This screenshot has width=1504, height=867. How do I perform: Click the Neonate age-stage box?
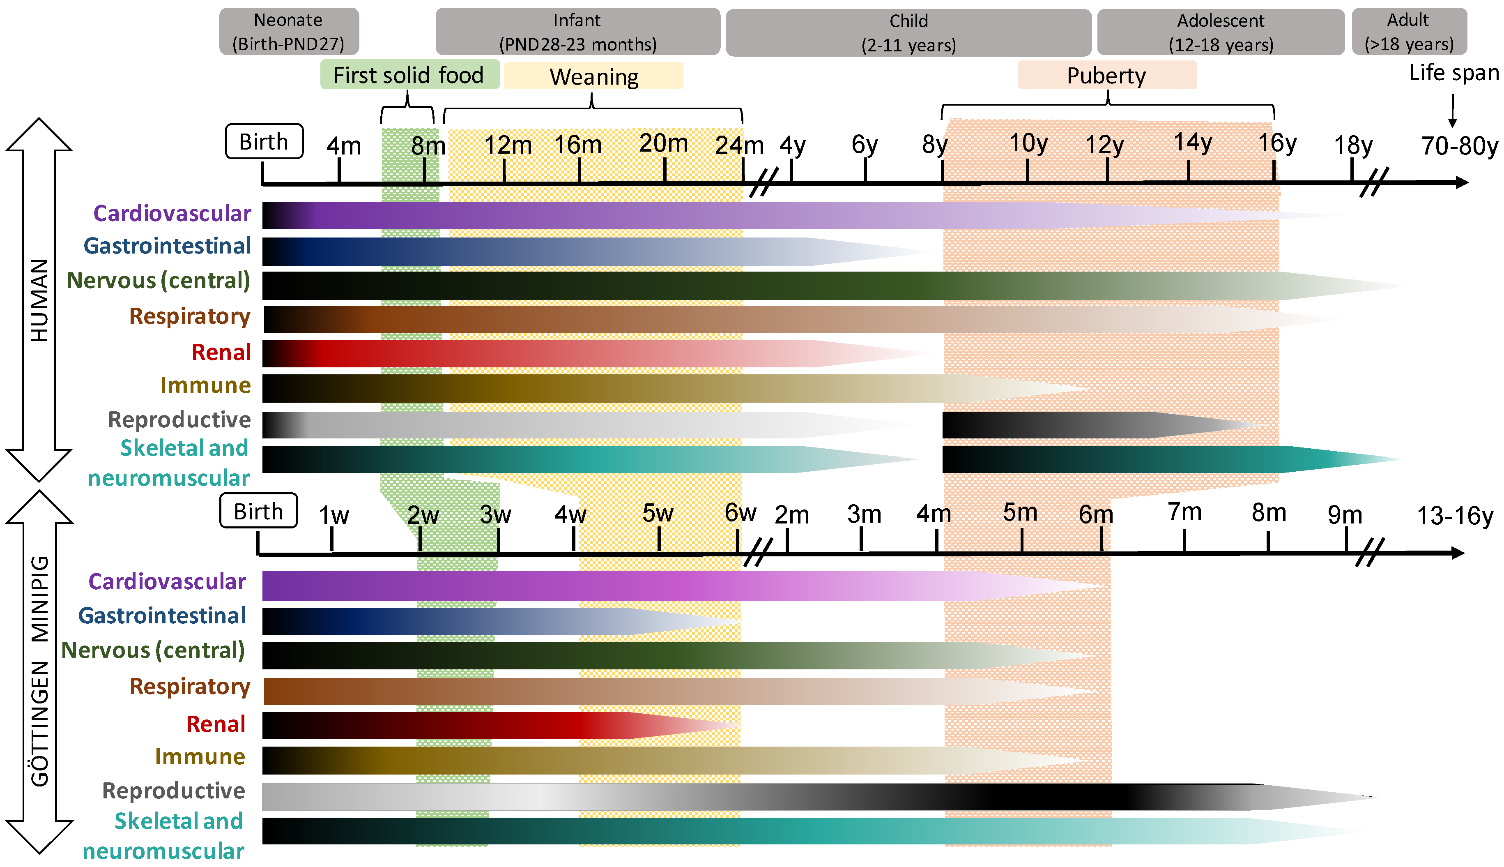[x=289, y=32]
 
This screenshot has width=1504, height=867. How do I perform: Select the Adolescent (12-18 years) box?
[x=1220, y=32]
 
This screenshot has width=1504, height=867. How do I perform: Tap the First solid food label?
[x=409, y=75]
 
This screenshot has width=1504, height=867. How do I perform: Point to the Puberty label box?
[x=1106, y=76]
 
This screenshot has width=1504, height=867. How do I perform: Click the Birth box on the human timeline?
[x=264, y=142]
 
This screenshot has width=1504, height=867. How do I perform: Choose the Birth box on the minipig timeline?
[x=258, y=511]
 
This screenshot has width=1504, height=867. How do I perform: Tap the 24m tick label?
[x=739, y=145]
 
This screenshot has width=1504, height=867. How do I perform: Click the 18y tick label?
[x=1353, y=145]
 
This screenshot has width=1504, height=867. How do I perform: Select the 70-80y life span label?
[x=1459, y=146]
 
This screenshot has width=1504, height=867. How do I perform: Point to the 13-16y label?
[x=1455, y=516]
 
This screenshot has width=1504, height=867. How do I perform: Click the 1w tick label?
[x=333, y=516]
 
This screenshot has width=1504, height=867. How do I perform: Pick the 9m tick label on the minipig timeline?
[x=1345, y=515]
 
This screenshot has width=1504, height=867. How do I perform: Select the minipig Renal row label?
[x=216, y=724]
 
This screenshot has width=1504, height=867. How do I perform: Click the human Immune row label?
[x=205, y=385]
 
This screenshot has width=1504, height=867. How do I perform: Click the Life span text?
[x=1453, y=73]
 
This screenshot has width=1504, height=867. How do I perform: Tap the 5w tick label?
[x=658, y=513]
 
